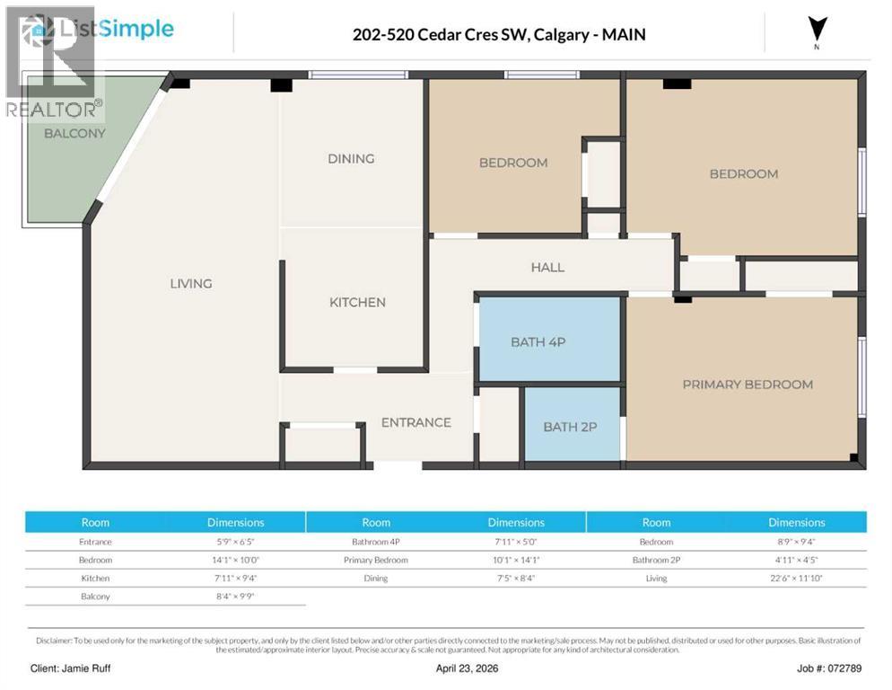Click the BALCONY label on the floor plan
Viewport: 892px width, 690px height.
[74, 133]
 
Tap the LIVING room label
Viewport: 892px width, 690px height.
[191, 284]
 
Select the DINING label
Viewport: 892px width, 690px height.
[351, 159]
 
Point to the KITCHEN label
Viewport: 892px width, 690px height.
[357, 303]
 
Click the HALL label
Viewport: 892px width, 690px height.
[547, 268]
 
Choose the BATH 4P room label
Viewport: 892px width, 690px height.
[538, 341]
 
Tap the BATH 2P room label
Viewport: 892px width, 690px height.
[570, 427]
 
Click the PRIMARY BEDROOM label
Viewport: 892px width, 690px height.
[748, 385]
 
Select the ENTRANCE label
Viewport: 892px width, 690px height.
[415, 422]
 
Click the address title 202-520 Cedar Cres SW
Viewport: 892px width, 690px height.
[499, 35]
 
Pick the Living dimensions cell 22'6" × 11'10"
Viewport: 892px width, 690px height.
[796, 578]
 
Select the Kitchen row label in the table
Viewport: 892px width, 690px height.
[95, 578]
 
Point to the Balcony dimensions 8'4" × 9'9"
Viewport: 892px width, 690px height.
[235, 596]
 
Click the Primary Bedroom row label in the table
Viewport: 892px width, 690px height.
[375, 560]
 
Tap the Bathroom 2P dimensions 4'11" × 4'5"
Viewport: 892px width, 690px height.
[796, 560]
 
